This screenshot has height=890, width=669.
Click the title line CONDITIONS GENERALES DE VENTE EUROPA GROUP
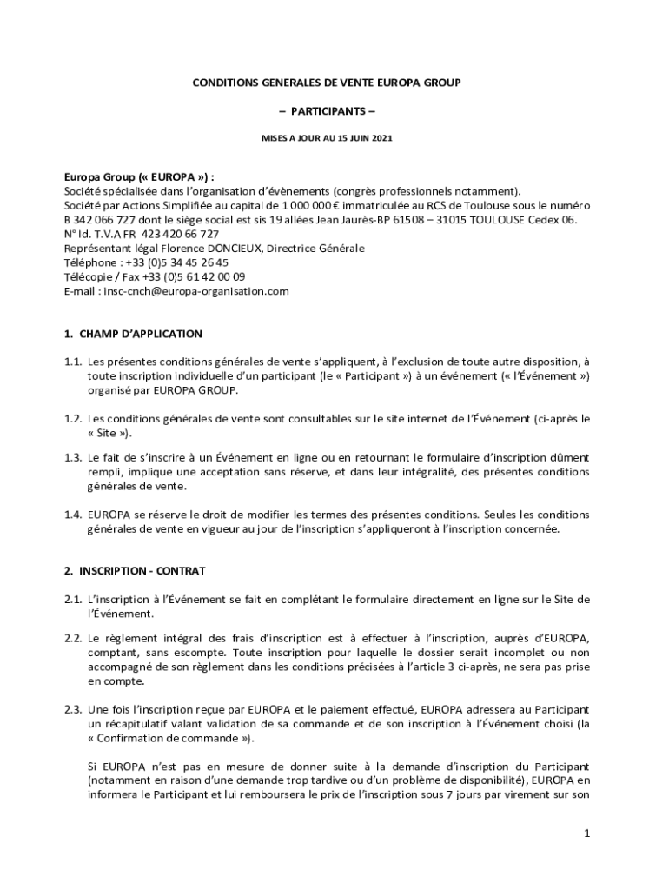click(326, 83)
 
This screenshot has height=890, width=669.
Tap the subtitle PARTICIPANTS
click(327, 112)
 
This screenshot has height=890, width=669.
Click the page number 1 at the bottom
click(587, 834)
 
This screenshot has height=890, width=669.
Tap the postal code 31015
click(443, 220)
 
